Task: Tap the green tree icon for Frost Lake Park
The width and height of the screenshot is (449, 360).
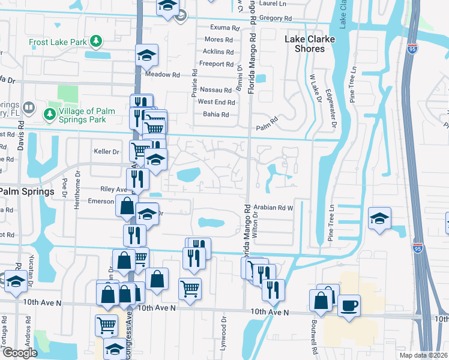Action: (x=95, y=41)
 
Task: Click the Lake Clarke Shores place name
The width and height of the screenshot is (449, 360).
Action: (x=309, y=44)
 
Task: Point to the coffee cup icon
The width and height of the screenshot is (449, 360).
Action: (x=349, y=306)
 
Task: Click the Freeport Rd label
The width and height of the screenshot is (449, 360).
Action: (x=217, y=64)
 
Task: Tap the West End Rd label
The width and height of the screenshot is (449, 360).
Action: (x=216, y=103)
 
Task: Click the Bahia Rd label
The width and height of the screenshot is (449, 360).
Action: (x=217, y=115)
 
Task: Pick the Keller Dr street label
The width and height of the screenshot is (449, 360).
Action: (x=106, y=152)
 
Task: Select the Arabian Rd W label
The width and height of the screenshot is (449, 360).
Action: (x=273, y=208)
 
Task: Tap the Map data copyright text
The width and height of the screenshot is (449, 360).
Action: (x=423, y=355)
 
